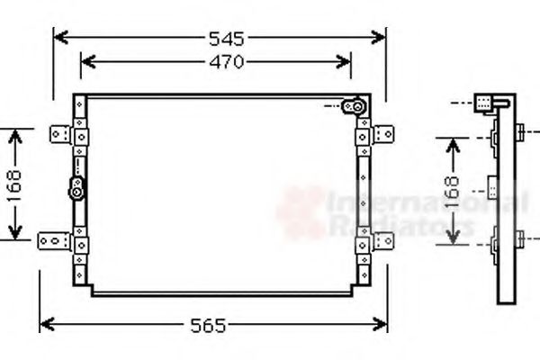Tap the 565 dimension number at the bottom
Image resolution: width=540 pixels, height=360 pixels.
210,325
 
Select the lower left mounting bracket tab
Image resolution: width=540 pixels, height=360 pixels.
54,240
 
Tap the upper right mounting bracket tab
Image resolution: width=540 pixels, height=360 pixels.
382,134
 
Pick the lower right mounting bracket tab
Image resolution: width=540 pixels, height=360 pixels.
382,240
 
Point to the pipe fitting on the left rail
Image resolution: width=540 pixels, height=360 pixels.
77,189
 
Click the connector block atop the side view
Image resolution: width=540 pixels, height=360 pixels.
487,103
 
